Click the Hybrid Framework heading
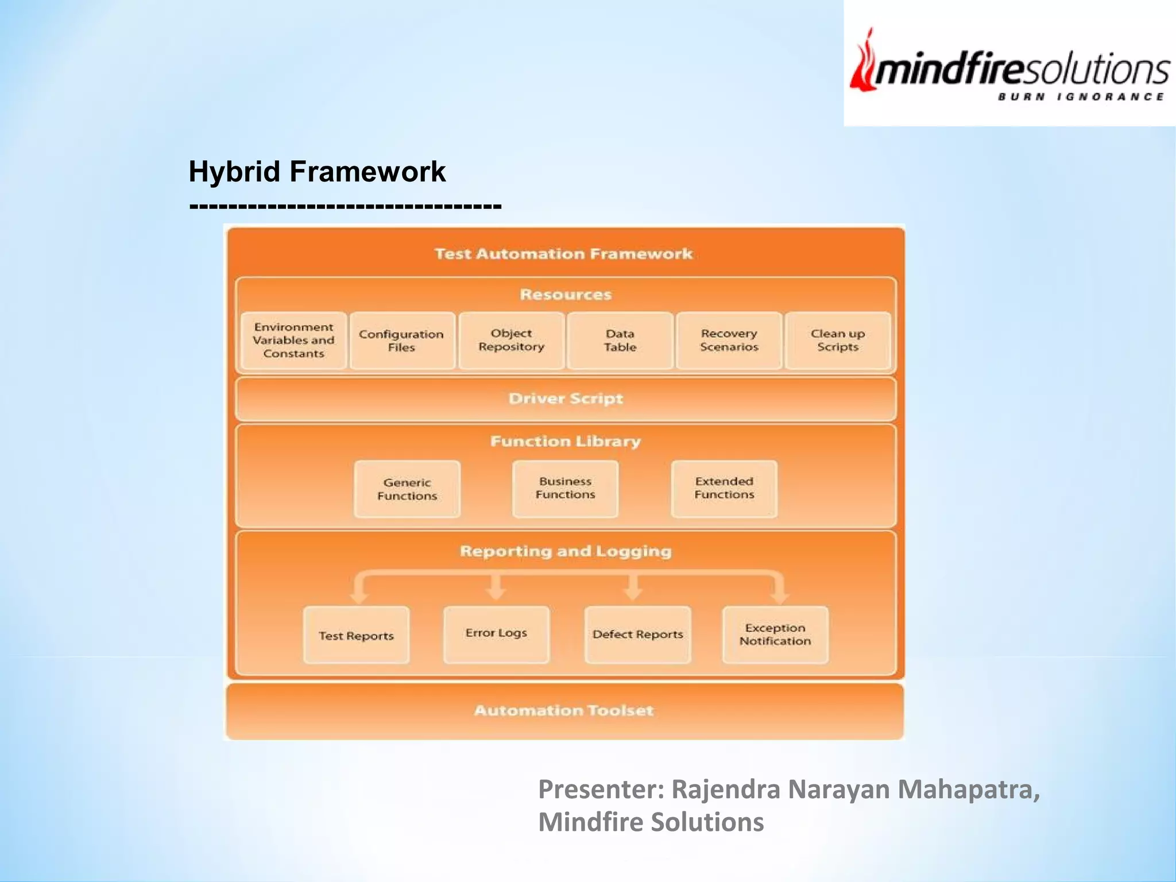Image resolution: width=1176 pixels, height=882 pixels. (x=317, y=172)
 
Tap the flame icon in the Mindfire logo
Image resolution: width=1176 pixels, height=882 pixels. (x=864, y=63)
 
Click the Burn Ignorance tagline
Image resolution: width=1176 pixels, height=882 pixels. (x=1081, y=96)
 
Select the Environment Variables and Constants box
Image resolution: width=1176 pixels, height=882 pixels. (x=293, y=341)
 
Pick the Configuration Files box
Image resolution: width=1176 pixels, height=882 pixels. (x=401, y=341)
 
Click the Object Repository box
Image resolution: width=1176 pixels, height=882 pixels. (x=511, y=341)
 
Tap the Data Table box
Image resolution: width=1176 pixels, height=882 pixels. (x=620, y=341)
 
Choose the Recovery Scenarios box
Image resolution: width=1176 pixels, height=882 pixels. (x=729, y=341)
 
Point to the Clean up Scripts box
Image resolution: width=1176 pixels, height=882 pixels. (x=838, y=341)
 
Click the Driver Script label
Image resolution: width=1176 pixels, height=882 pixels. (x=566, y=399)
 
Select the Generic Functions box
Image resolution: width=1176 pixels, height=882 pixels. (x=407, y=489)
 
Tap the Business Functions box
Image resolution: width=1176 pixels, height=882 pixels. (x=566, y=488)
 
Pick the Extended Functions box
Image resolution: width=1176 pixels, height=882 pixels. (x=724, y=488)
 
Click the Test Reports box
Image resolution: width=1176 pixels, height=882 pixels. (x=357, y=635)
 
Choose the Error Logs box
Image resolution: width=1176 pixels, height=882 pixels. (x=496, y=634)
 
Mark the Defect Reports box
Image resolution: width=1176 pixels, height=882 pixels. (x=637, y=635)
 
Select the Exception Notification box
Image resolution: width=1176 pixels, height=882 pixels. (x=775, y=635)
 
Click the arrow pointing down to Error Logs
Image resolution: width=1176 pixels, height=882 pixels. (x=496, y=588)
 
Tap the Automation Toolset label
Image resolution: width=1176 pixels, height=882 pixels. (x=564, y=711)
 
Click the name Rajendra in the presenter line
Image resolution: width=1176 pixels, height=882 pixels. (x=726, y=790)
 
